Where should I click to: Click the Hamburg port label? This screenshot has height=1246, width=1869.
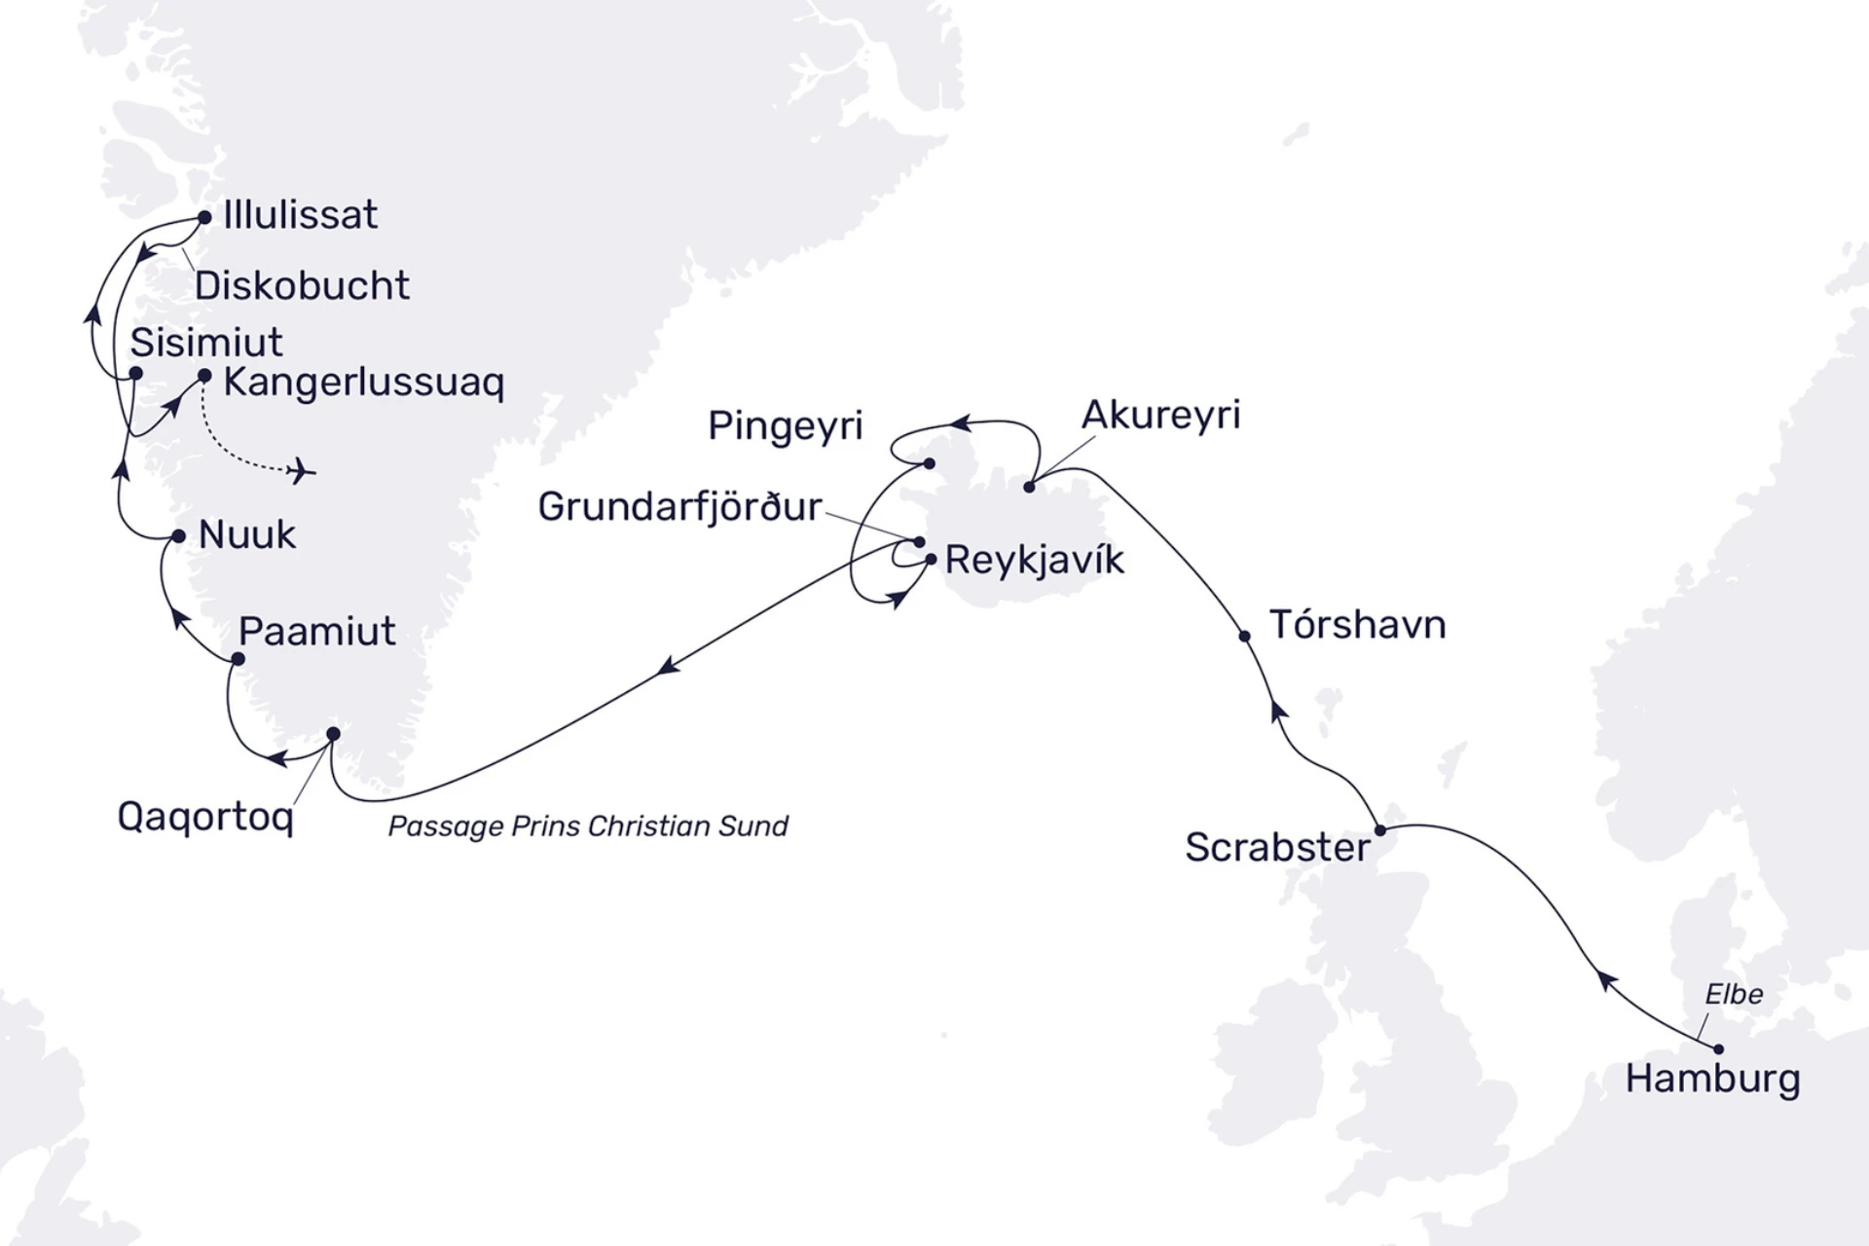tap(1712, 1080)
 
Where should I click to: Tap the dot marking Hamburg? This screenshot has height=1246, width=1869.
tap(1718, 1049)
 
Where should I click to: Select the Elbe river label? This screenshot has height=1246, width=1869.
tap(1734, 994)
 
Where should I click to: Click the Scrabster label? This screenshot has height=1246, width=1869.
tap(1277, 847)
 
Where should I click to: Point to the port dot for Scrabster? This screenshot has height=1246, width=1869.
tap(1380, 830)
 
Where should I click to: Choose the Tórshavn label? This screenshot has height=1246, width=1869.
tap(1357, 625)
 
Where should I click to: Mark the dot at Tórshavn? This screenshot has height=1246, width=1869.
tap(1244, 637)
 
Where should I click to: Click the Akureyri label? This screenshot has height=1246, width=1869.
tap(1161, 416)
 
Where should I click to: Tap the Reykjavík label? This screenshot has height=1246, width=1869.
tap(1035, 560)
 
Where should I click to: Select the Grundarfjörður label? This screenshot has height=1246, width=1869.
tap(679, 507)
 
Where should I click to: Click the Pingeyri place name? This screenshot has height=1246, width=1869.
tap(785, 425)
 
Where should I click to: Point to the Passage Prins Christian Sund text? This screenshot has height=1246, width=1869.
tap(588, 826)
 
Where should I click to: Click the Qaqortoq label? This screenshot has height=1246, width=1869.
tap(205, 817)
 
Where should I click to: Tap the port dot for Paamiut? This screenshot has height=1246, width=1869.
tap(238, 659)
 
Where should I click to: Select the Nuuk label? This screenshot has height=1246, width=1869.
tap(247, 534)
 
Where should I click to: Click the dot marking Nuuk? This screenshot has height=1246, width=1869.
tap(178, 536)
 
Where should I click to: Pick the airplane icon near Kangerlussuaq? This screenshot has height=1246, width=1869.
tap(302, 471)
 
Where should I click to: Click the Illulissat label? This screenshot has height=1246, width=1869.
tap(300, 215)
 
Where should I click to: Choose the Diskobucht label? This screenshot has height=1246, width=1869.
tap(302, 286)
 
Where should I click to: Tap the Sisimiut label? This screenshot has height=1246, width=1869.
tap(206, 343)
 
